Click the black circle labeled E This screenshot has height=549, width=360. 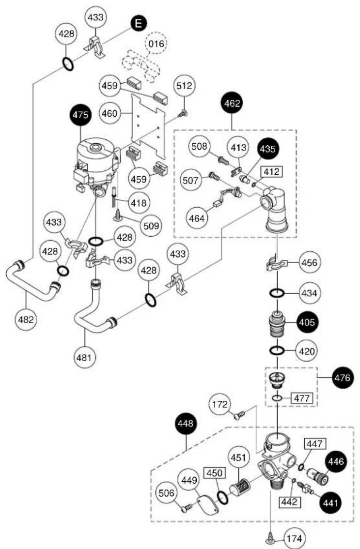click(x=139, y=23)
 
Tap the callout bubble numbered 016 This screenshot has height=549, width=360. click(x=156, y=44)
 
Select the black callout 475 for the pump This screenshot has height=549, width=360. click(x=80, y=115)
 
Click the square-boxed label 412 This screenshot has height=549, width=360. click(x=271, y=171)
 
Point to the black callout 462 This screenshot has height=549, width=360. click(x=232, y=103)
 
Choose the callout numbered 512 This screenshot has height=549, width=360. click(x=185, y=85)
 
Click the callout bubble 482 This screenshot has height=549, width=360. click(x=26, y=320)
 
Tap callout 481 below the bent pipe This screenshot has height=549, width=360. click(x=84, y=357)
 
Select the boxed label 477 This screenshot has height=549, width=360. click(x=302, y=398)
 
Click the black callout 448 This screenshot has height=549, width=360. click(x=186, y=424)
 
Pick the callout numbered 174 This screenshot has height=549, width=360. click(x=294, y=538)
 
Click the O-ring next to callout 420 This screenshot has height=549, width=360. click(x=277, y=350)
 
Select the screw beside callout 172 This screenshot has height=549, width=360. click(x=240, y=415)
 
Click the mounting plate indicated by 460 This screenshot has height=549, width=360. click(x=148, y=125)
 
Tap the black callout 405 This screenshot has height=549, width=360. click(x=307, y=322)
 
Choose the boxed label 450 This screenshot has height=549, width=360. click(x=215, y=473)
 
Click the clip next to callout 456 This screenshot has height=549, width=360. click(x=277, y=264)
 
